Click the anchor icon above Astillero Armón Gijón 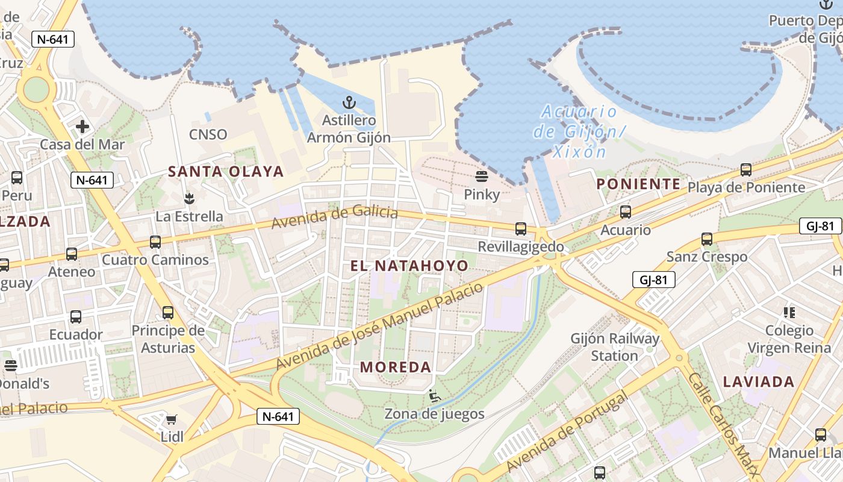(349, 103)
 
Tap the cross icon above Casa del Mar (82, 127)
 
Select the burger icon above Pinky (481, 177)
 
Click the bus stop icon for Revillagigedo (520, 229)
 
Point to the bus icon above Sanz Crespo (707, 239)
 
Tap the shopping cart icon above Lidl (172, 419)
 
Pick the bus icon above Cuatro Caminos (155, 242)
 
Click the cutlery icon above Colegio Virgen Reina (789, 312)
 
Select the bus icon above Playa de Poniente (746, 170)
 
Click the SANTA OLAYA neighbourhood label (226, 172)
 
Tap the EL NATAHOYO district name (409, 266)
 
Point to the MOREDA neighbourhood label (396, 367)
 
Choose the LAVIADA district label (759, 381)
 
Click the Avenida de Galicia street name (334, 217)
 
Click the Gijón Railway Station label (614, 347)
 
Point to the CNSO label (208, 134)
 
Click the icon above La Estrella (189, 198)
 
